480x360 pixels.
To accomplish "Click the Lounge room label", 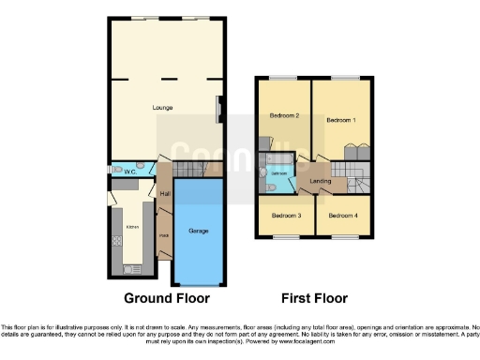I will (163, 108).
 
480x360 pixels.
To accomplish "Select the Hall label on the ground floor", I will (164, 193).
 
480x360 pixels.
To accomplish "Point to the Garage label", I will (199, 231).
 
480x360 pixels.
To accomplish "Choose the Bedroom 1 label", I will (341, 120).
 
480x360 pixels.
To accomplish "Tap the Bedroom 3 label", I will (286, 216).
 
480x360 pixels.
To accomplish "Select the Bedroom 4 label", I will (342, 216).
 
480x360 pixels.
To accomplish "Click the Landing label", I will (321, 180).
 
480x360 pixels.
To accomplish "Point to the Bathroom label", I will (278, 174).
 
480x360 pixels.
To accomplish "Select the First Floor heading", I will (316, 298).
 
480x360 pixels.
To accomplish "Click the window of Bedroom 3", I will (277, 236).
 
